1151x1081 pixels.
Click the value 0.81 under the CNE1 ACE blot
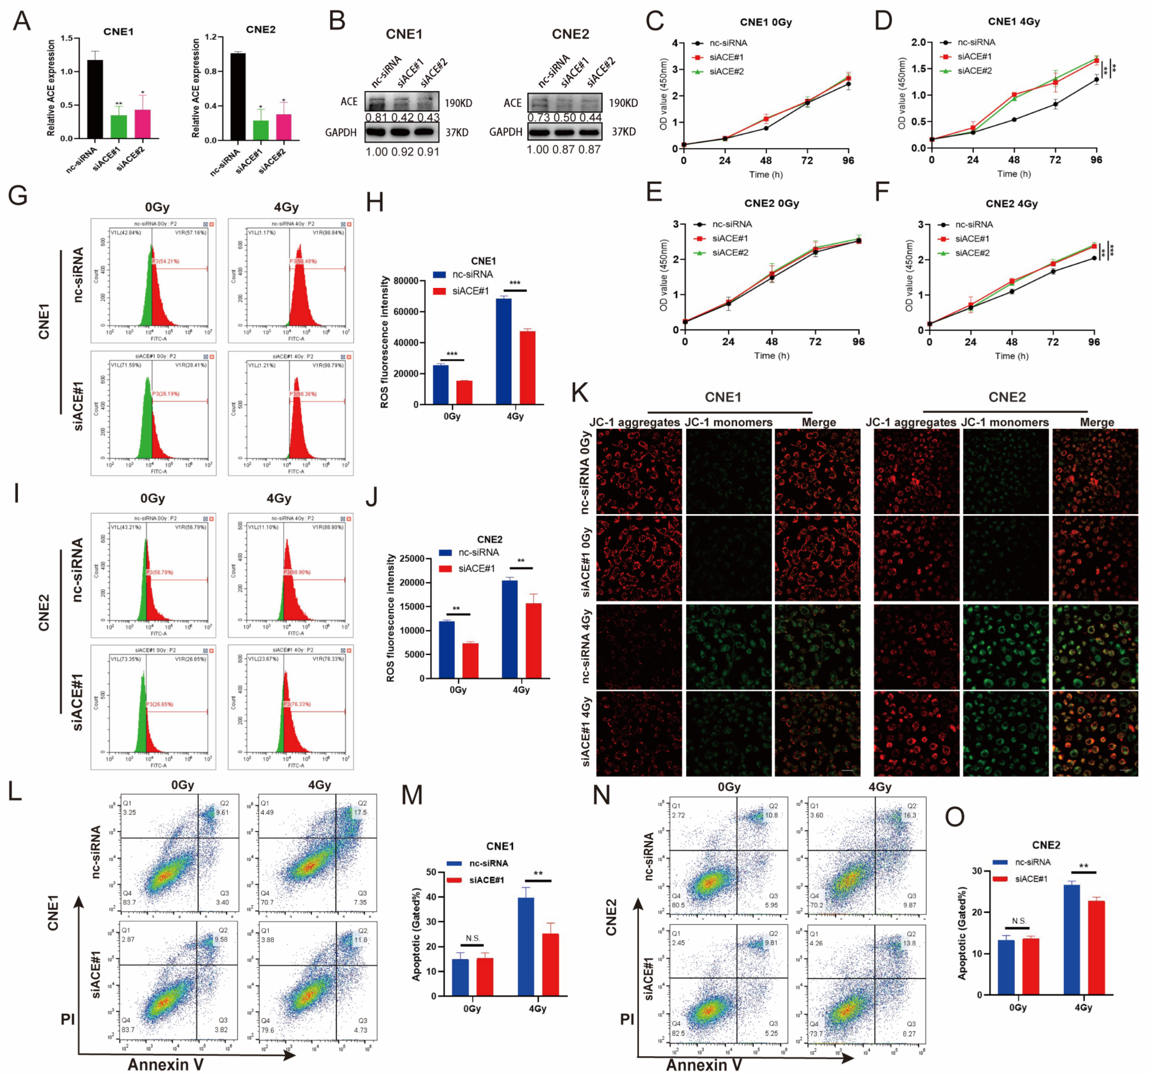376,117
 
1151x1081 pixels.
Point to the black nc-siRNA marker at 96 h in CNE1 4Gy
1096,79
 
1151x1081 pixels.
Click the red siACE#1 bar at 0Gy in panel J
470,661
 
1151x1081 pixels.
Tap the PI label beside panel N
627,1035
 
